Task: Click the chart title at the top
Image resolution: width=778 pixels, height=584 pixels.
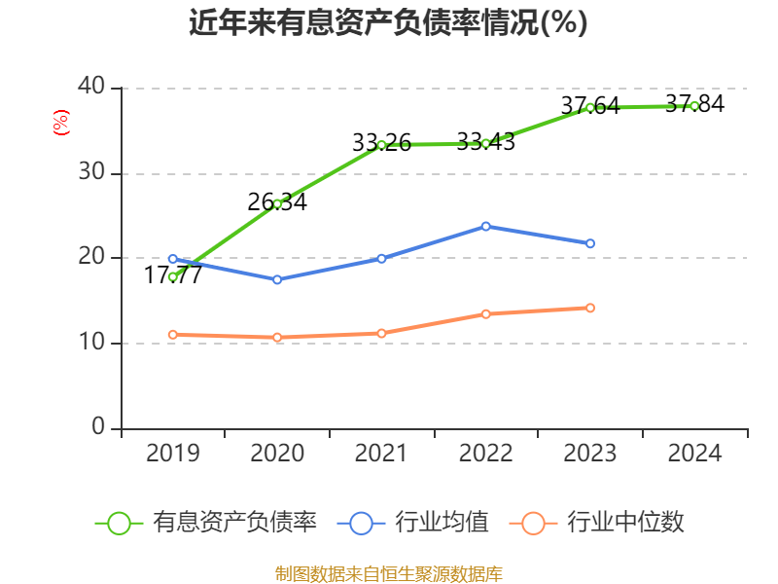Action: tap(388, 22)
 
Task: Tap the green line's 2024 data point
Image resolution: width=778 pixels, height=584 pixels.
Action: tap(694, 106)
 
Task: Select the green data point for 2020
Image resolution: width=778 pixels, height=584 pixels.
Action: tap(277, 203)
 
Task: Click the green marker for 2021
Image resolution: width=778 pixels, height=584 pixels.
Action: tap(381, 145)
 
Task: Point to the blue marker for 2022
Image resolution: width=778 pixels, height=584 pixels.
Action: tap(485, 226)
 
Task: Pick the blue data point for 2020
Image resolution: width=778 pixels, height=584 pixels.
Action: tap(277, 279)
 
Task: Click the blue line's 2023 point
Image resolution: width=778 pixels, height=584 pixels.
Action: tap(590, 243)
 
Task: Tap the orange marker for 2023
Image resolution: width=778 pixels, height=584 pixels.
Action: tap(590, 308)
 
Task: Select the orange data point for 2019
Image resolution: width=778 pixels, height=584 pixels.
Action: tap(173, 335)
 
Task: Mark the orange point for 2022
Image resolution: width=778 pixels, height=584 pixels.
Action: tap(485, 313)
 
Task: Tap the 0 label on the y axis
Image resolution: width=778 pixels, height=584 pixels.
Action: tap(98, 428)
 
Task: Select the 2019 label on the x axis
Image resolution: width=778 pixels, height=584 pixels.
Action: tap(173, 454)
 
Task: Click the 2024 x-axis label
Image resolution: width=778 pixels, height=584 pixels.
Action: tap(694, 454)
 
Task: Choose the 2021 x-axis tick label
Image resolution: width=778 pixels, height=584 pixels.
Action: tap(381, 454)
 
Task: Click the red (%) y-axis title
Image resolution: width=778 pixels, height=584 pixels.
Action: tap(60, 124)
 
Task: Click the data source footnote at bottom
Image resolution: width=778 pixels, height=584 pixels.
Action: tap(388, 573)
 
